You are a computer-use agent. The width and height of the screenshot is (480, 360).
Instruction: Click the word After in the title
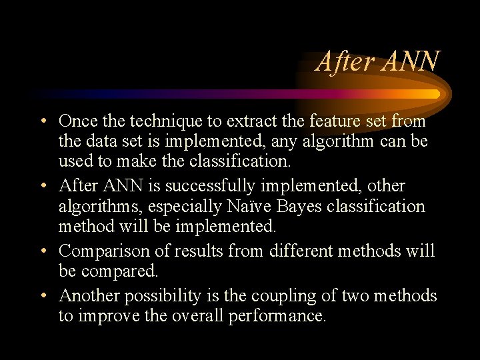pos(345,61)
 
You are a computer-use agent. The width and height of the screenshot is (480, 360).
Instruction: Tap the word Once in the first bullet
pos(78,121)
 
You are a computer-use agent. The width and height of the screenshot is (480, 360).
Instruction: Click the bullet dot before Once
pos(42,122)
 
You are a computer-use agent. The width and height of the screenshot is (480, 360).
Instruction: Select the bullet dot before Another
pos(42,295)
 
